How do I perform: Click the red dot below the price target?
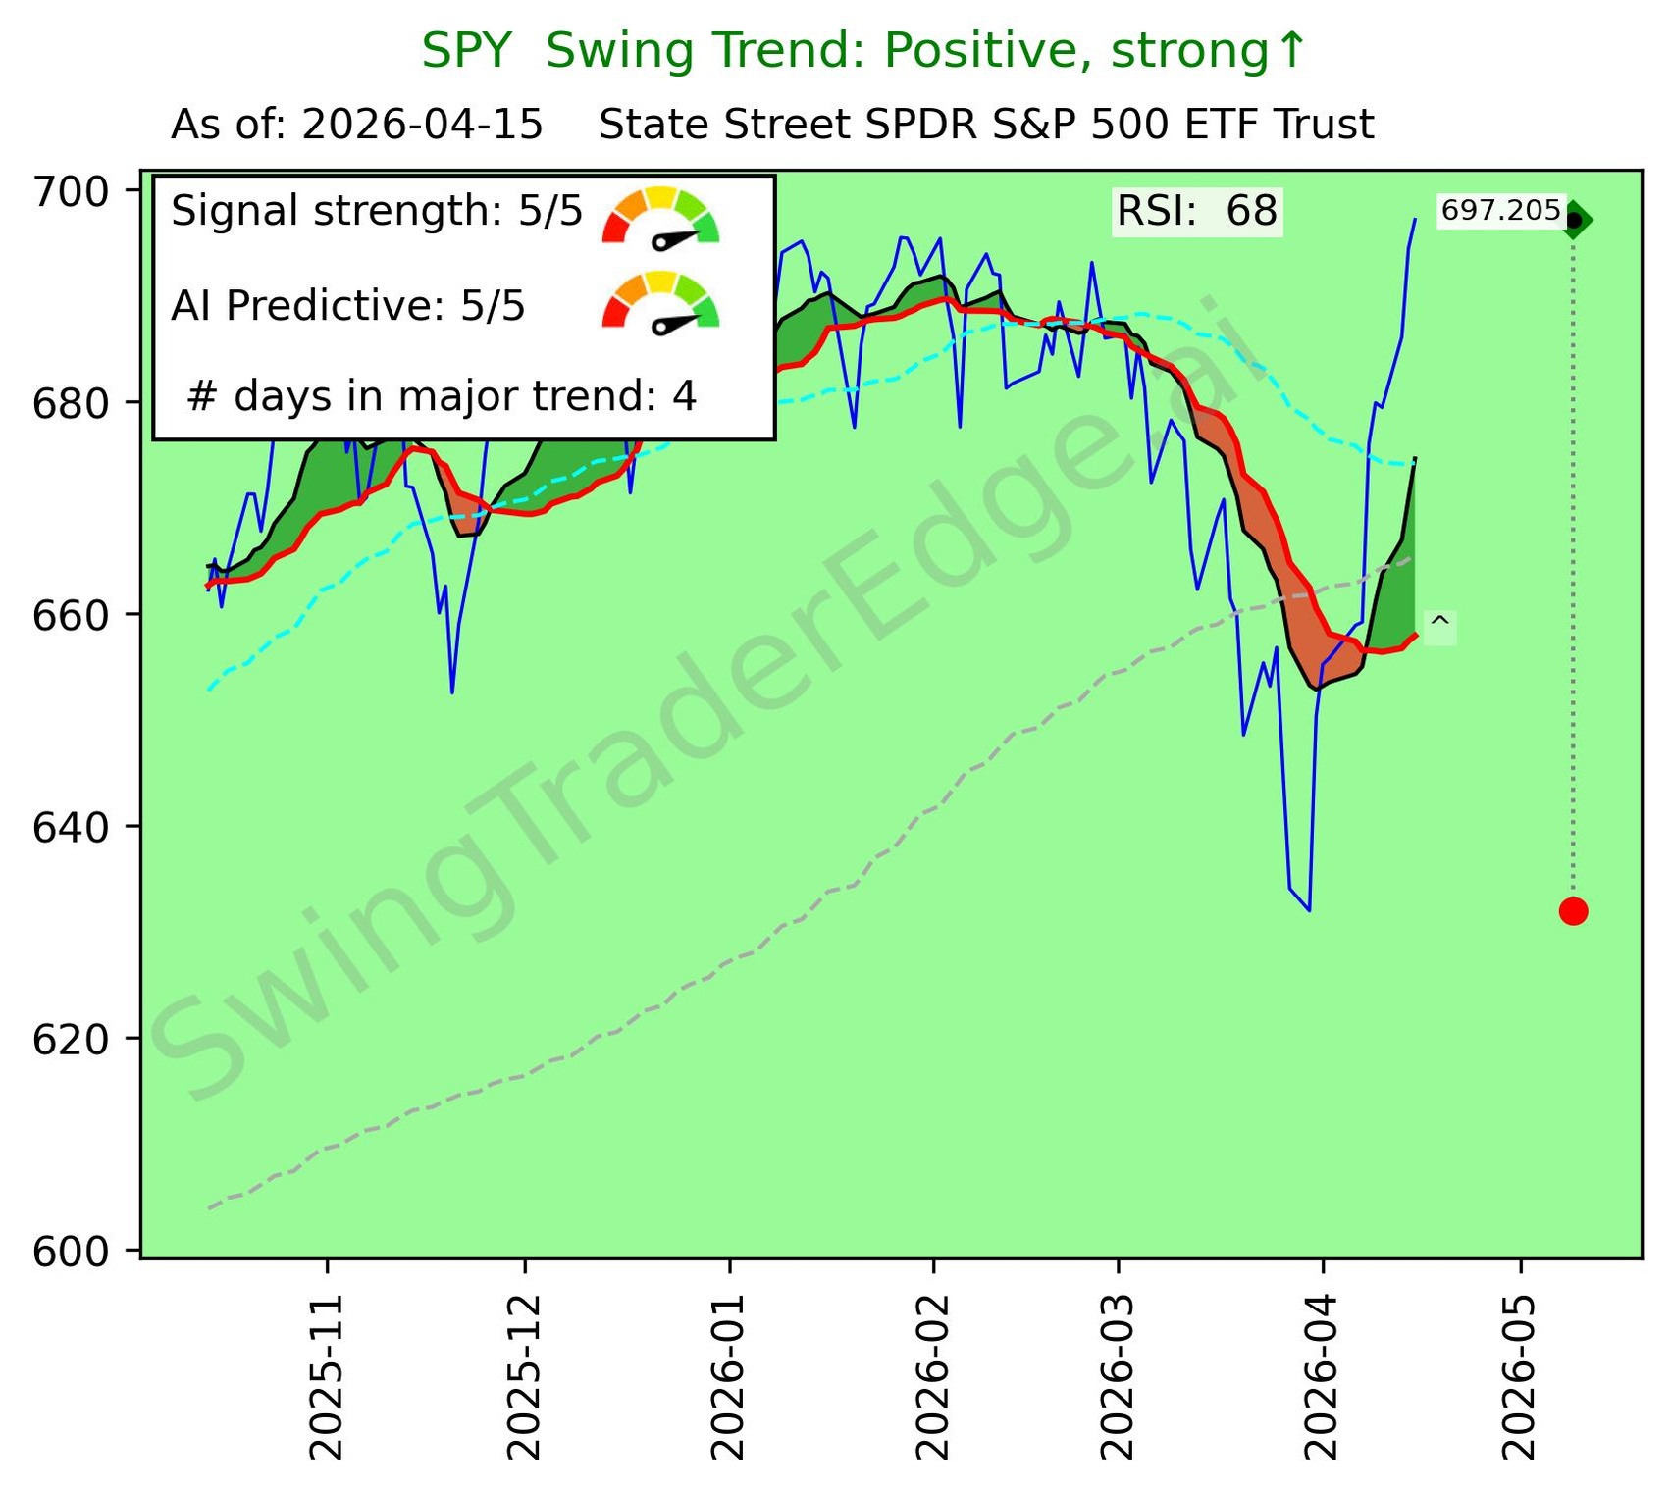tap(1573, 911)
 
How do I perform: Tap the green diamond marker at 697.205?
tap(1575, 220)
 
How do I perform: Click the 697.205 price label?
tap(1500, 211)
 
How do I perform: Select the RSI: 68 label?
tap(1197, 211)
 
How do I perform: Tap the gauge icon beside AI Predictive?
tap(660, 304)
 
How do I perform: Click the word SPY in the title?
tap(466, 51)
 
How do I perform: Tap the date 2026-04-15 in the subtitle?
tap(423, 126)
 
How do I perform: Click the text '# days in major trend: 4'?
tap(442, 396)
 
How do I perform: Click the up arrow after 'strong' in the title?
tap(1293, 51)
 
